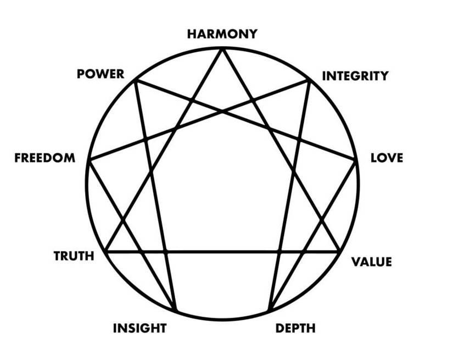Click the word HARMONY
(222, 34)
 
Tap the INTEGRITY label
(355, 76)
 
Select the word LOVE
(387, 158)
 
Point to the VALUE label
(372, 262)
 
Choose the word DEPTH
(295, 329)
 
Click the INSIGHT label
(139, 329)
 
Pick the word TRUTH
(74, 256)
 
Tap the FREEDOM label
(45, 158)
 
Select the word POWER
(100, 74)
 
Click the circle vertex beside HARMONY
(222, 48)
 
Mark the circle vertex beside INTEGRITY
(310, 81)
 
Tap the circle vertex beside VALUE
(338, 252)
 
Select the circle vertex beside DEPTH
(269, 311)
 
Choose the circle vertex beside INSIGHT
(176, 311)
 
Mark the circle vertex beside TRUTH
(106, 252)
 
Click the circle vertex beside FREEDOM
(88, 160)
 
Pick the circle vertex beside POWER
(135, 81)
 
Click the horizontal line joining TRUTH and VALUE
(222, 252)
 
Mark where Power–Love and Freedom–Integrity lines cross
(222, 112)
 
